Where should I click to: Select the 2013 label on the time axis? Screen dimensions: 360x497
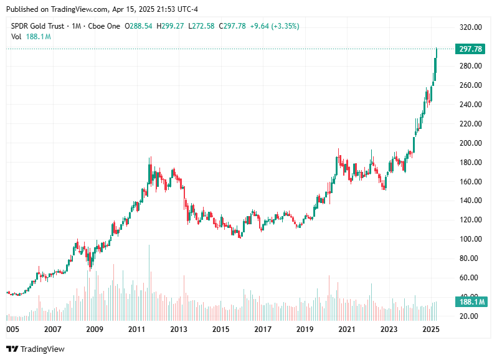179,329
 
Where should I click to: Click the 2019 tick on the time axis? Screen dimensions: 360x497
305,329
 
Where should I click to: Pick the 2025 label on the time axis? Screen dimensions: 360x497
430,329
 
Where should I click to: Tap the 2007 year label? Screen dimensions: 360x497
53,329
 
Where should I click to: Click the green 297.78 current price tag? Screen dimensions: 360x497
471,49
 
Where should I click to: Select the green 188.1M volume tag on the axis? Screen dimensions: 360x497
471,302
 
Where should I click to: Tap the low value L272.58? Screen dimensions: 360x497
202,26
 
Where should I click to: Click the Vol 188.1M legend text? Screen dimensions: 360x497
31,37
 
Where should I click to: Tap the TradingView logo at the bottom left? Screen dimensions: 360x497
35,349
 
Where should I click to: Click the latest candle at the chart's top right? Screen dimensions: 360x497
437,56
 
